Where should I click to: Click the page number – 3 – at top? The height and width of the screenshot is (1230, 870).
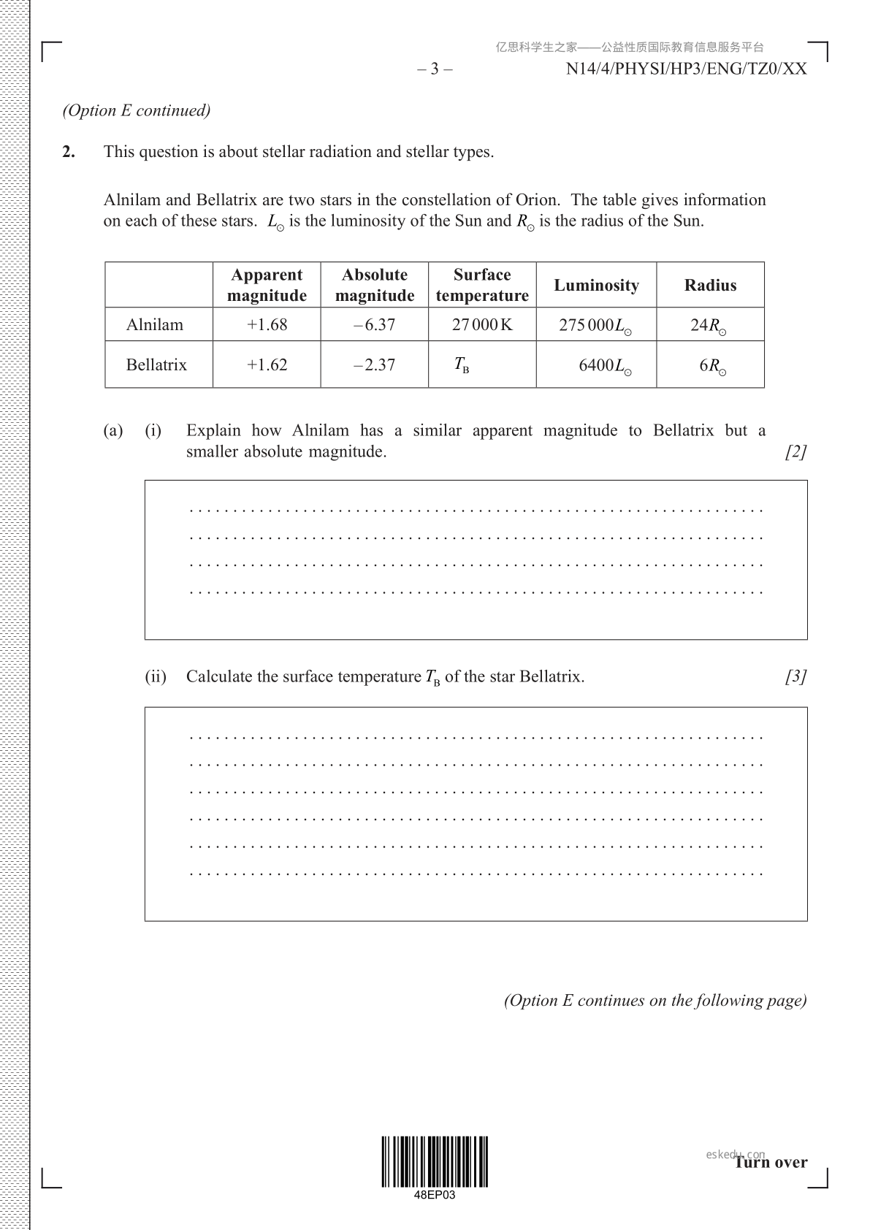[435, 69]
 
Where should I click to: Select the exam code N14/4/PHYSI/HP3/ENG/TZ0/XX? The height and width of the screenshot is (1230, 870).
[686, 69]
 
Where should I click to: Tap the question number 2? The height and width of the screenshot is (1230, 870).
[69, 152]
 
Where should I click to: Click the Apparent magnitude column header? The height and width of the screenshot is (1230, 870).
[267, 285]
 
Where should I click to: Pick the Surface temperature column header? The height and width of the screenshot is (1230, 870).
[482, 285]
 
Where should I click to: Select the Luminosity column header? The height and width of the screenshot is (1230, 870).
[596, 285]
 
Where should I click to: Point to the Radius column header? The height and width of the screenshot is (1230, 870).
[710, 285]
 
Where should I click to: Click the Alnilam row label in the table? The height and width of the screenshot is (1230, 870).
[155, 324]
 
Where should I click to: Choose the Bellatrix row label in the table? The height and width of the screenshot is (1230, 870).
[156, 364]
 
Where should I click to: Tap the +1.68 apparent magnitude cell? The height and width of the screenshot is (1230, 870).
[267, 324]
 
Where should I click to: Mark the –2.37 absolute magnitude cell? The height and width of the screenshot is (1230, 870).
[374, 364]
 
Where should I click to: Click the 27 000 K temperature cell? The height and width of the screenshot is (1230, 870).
[482, 324]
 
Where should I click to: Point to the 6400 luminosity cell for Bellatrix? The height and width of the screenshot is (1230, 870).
[605, 365]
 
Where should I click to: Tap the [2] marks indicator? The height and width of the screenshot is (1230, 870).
[795, 451]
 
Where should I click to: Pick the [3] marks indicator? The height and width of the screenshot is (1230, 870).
[795, 676]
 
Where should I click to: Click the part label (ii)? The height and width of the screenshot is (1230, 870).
[156, 676]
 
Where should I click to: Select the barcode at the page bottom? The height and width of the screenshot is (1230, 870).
[434, 1161]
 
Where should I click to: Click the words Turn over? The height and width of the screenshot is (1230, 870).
[771, 1162]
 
